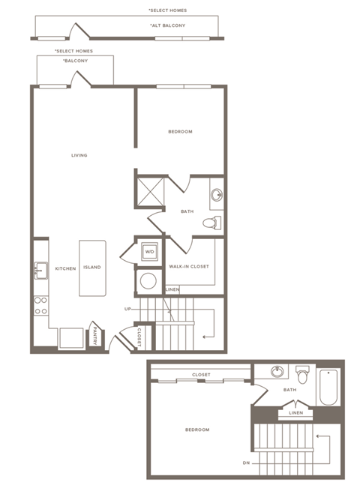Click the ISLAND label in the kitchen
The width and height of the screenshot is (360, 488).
[x=92, y=267]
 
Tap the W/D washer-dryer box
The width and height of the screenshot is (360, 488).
[x=149, y=251]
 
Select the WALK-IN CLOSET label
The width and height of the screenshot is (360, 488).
[x=188, y=266]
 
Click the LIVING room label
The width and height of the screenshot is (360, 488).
[x=79, y=155]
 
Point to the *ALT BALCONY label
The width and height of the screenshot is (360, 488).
[x=168, y=25]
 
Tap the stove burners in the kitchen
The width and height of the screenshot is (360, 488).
[x=40, y=305]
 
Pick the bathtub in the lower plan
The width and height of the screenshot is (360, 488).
[x=328, y=388]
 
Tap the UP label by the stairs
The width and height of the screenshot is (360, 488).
[x=128, y=308]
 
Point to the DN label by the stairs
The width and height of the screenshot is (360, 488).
[x=245, y=463]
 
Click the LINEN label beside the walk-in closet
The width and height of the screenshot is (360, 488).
[x=172, y=289]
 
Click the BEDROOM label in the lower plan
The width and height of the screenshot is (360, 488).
[x=197, y=430]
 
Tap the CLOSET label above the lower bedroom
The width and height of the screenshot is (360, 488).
[x=200, y=375]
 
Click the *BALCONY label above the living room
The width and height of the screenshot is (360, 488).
[x=75, y=60]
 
